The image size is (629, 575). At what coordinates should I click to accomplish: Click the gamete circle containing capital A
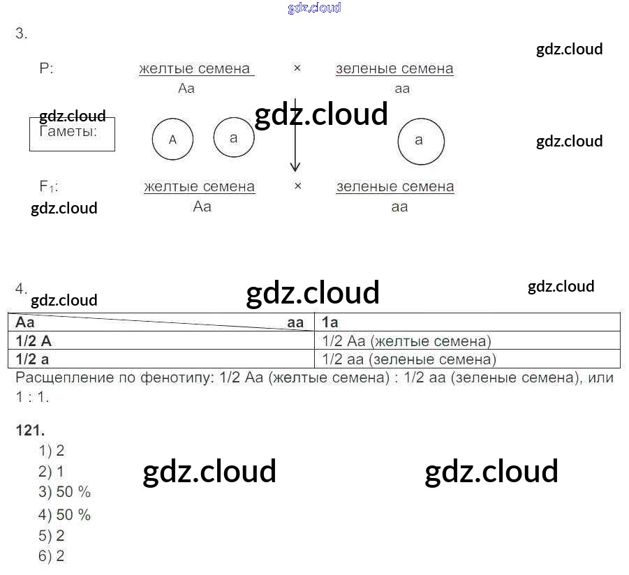coord(173,140)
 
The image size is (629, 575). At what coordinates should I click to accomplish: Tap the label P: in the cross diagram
coord(47,69)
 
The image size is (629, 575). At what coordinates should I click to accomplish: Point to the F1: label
coord(49,187)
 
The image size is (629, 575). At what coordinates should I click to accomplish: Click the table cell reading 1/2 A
coord(34,341)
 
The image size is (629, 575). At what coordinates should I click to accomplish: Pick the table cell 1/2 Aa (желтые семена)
coord(407,341)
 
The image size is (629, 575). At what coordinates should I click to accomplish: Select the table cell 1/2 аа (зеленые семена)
coord(409,359)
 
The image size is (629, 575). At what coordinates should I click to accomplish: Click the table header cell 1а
coord(331,322)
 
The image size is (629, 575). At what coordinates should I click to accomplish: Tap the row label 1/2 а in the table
coord(32,359)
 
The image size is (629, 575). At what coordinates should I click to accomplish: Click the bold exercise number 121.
coord(29,430)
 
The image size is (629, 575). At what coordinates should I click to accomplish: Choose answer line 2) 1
coord(51,471)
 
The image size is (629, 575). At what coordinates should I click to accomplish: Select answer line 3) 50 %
coord(64,492)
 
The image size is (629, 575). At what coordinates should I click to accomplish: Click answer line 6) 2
coord(52,556)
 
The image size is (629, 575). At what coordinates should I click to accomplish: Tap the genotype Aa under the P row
coord(186,89)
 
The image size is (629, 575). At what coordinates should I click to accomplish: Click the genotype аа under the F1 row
coord(399,207)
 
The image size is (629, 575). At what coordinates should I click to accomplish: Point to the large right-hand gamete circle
coord(420,141)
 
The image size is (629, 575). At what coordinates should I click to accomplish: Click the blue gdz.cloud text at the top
coord(314,8)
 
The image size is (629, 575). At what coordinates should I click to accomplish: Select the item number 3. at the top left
coord(22,33)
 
